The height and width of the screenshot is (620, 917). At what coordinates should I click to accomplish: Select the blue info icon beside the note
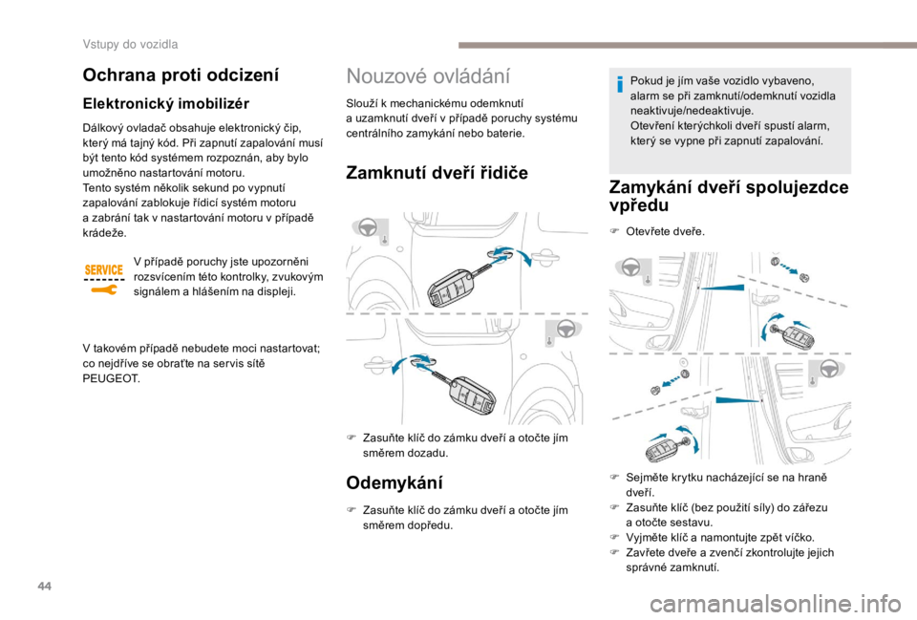tap(619, 85)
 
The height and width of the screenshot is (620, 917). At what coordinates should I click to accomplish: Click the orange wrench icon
tap(102, 289)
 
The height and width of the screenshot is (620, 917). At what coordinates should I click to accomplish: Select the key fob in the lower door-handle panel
tap(467, 391)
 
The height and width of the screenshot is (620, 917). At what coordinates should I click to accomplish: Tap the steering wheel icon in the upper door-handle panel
tap(366, 229)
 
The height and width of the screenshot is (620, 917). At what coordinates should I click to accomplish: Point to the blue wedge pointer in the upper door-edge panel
tap(721, 286)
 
